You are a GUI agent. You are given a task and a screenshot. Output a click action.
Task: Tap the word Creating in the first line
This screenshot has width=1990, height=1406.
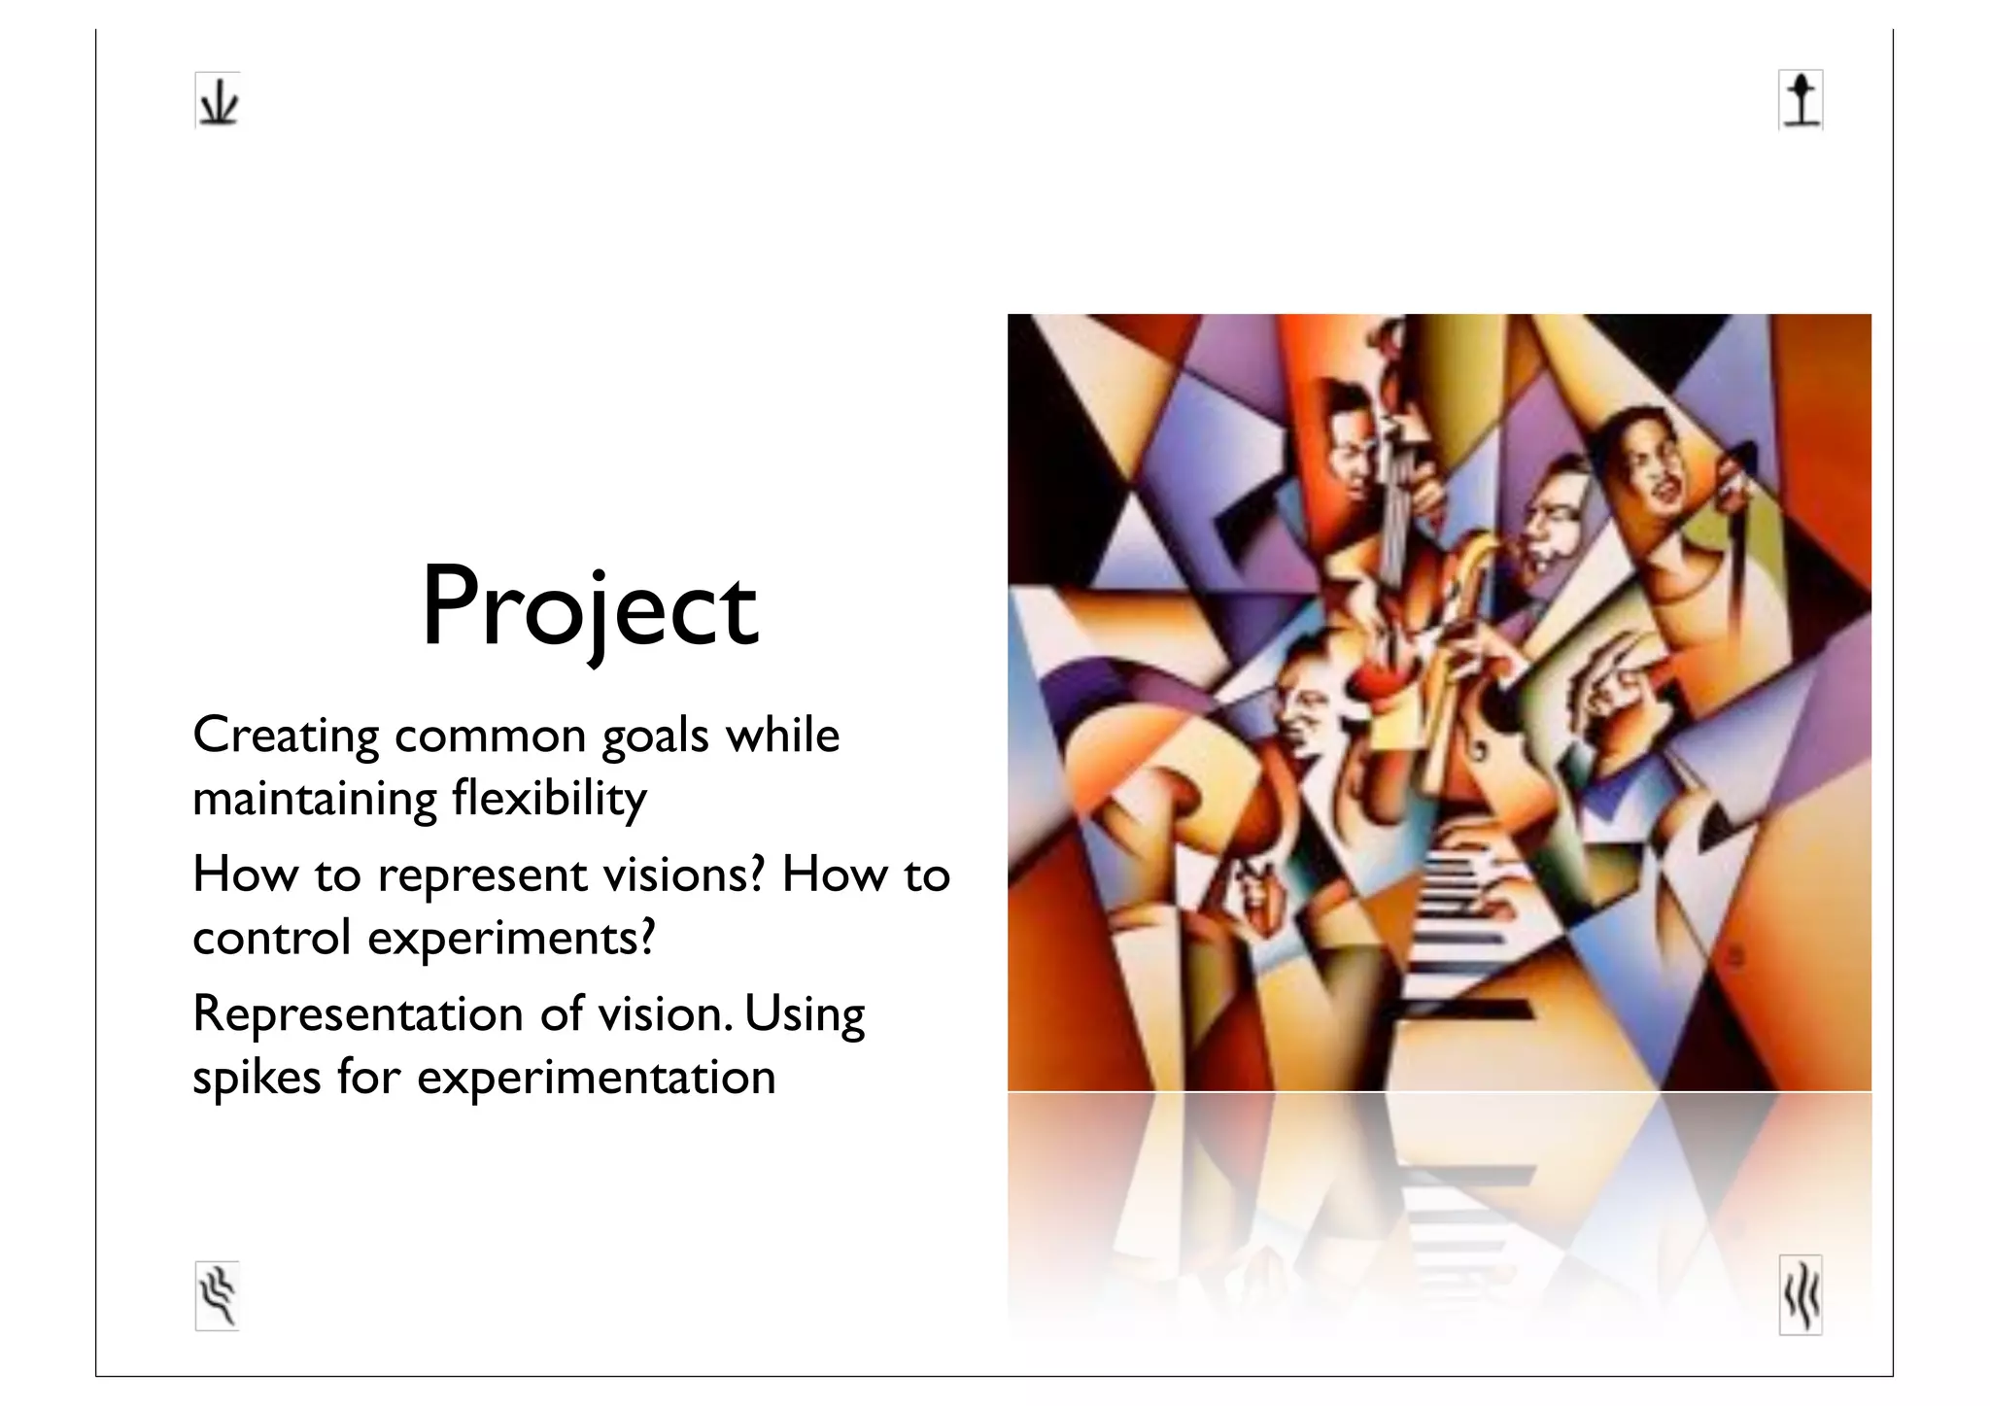coord(286,737)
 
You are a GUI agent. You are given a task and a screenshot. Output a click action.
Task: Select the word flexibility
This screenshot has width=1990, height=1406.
coord(549,800)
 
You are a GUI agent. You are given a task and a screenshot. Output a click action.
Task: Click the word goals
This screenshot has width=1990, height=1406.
coord(655,737)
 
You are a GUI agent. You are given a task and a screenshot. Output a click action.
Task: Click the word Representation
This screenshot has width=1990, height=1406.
coord(359,1015)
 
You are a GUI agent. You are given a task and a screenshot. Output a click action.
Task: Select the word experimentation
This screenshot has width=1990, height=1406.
coord(596,1079)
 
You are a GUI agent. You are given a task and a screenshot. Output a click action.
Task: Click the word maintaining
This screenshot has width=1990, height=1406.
coord(315,800)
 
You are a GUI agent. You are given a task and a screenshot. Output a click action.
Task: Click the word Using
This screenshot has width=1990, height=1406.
coord(805,1015)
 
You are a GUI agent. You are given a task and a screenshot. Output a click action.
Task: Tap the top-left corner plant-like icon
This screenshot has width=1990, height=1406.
coord(218,100)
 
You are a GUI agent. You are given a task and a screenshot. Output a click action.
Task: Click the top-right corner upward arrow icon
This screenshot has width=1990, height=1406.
coord(1801,100)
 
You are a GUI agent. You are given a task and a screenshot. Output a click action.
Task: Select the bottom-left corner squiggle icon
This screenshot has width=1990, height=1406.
coord(218,1295)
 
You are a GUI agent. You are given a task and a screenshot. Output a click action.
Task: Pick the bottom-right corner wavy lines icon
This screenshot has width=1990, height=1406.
coord(1801,1295)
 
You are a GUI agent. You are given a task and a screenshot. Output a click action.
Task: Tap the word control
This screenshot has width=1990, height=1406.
coord(271,939)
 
